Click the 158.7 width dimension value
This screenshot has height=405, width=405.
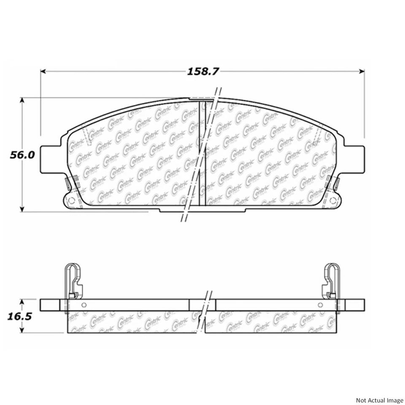[203, 72]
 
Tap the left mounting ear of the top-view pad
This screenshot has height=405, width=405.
[51, 159]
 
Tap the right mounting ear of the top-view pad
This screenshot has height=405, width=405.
[354, 159]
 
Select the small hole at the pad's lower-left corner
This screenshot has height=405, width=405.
[70, 200]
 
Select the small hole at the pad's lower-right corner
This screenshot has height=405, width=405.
[334, 200]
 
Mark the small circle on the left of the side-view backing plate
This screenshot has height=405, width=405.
[84, 305]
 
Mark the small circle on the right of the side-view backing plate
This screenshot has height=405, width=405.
[321, 305]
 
